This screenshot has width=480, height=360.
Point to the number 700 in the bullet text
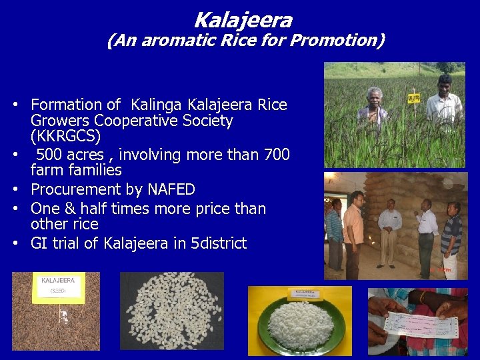coord(277,155)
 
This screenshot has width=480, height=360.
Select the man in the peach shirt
coord(354,227)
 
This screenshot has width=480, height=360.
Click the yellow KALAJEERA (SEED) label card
coord(58,287)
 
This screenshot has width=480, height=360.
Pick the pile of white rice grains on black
coord(171,310)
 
